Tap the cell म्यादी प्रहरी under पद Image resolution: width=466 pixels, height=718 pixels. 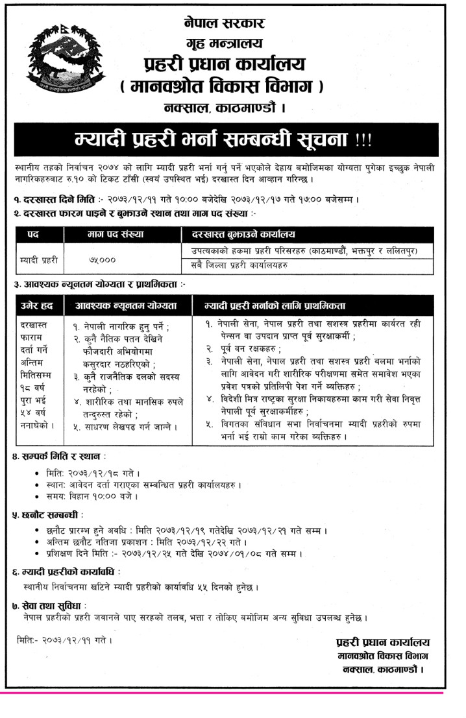40,259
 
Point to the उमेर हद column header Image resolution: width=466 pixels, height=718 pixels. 38,304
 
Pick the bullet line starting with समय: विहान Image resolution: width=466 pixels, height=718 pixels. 91,497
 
